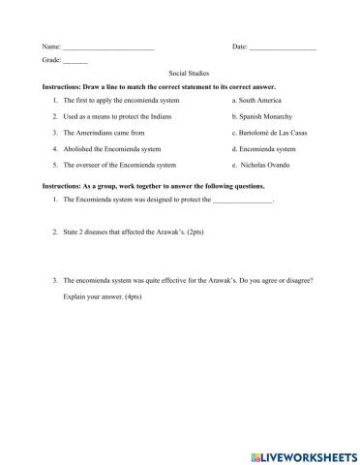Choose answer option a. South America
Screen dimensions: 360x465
point(256,100)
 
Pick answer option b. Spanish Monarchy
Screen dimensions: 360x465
point(261,116)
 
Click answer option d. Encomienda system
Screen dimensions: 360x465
point(264,149)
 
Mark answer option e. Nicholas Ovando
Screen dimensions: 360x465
point(261,166)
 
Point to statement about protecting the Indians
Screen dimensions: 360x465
point(121,116)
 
